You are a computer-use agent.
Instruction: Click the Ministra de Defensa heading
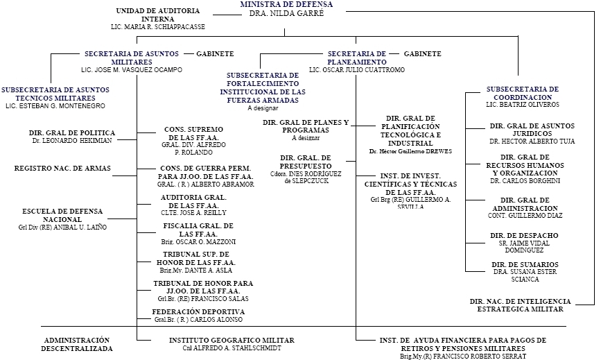tap(286, 4)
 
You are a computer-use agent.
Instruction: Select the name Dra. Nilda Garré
tap(286, 13)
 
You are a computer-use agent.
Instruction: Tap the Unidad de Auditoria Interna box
tap(158, 15)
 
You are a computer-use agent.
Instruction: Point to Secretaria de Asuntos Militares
tap(132, 58)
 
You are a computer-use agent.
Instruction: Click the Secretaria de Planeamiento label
tap(356, 58)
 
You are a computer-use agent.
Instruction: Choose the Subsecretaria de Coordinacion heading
tap(523, 93)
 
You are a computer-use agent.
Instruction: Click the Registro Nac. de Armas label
tap(62, 168)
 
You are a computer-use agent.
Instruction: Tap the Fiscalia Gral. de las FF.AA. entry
tap(198, 230)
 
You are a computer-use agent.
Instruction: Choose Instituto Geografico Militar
tap(232, 340)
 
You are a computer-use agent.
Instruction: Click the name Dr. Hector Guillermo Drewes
tap(410, 151)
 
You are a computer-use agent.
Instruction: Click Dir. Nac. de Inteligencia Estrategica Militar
tap(520, 305)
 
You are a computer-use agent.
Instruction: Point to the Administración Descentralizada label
tap(77, 344)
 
